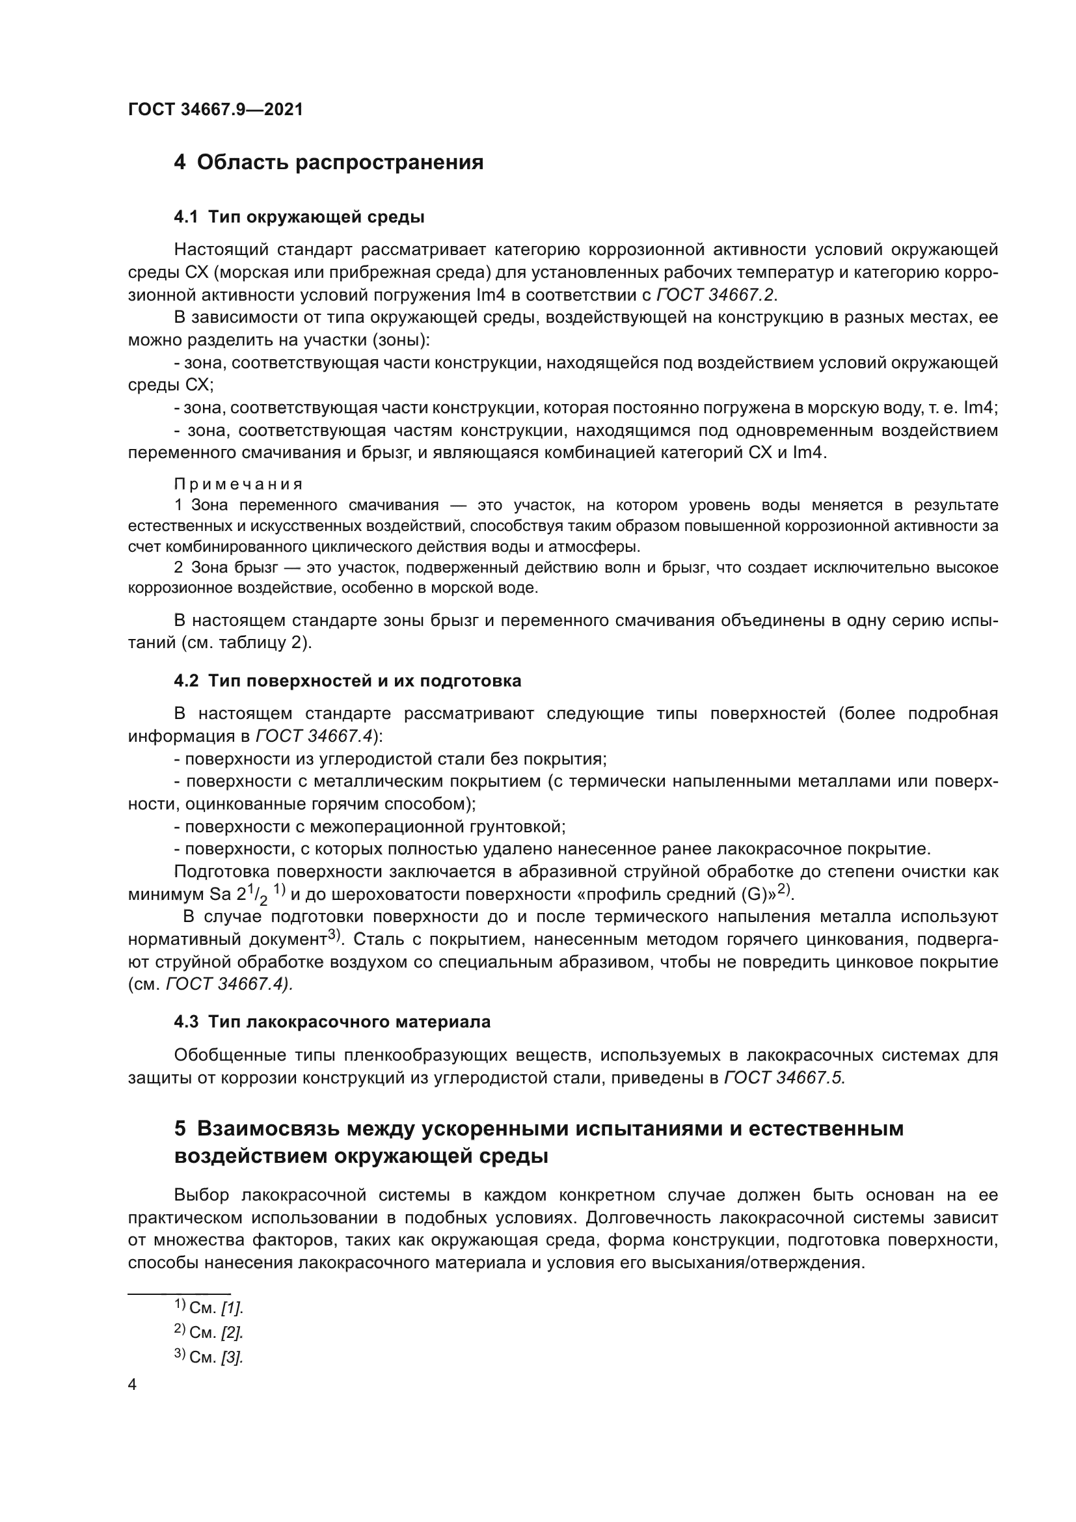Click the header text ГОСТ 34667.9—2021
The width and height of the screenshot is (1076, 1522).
coord(215,109)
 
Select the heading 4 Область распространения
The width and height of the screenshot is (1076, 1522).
coord(329,162)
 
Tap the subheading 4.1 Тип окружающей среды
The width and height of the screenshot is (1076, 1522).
coord(299,217)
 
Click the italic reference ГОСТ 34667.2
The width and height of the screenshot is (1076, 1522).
coord(715,294)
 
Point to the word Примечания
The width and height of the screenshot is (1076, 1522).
coord(239,484)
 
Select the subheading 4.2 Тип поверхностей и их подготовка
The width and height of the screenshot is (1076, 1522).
coord(347,681)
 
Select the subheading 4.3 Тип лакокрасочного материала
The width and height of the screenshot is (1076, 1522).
coord(332,1022)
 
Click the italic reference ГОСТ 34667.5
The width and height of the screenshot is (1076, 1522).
coord(784,1077)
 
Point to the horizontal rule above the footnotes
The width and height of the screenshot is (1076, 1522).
coord(179,1294)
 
